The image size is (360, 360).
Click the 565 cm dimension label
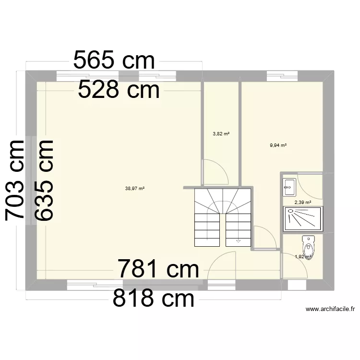tap(114, 61)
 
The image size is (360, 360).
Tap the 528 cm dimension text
tap(119, 90)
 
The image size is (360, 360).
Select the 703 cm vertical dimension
tap(15, 180)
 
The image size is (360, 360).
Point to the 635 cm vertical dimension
tap(44, 180)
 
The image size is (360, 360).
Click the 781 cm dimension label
tap(158, 269)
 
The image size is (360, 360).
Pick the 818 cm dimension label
tap(154, 299)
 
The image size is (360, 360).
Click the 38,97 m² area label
tap(135, 189)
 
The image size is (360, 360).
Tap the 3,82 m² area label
tap(221, 133)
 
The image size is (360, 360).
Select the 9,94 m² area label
tap(278, 145)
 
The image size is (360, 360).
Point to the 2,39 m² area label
tap(303, 203)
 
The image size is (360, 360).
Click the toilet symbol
tap(308, 247)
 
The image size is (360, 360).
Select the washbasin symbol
tap(289, 188)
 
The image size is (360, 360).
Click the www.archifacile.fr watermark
tap(330, 309)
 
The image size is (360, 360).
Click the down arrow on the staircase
tap(238, 241)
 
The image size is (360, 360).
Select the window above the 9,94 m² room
tap(282, 76)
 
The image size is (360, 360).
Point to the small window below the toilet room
tap(297, 285)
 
